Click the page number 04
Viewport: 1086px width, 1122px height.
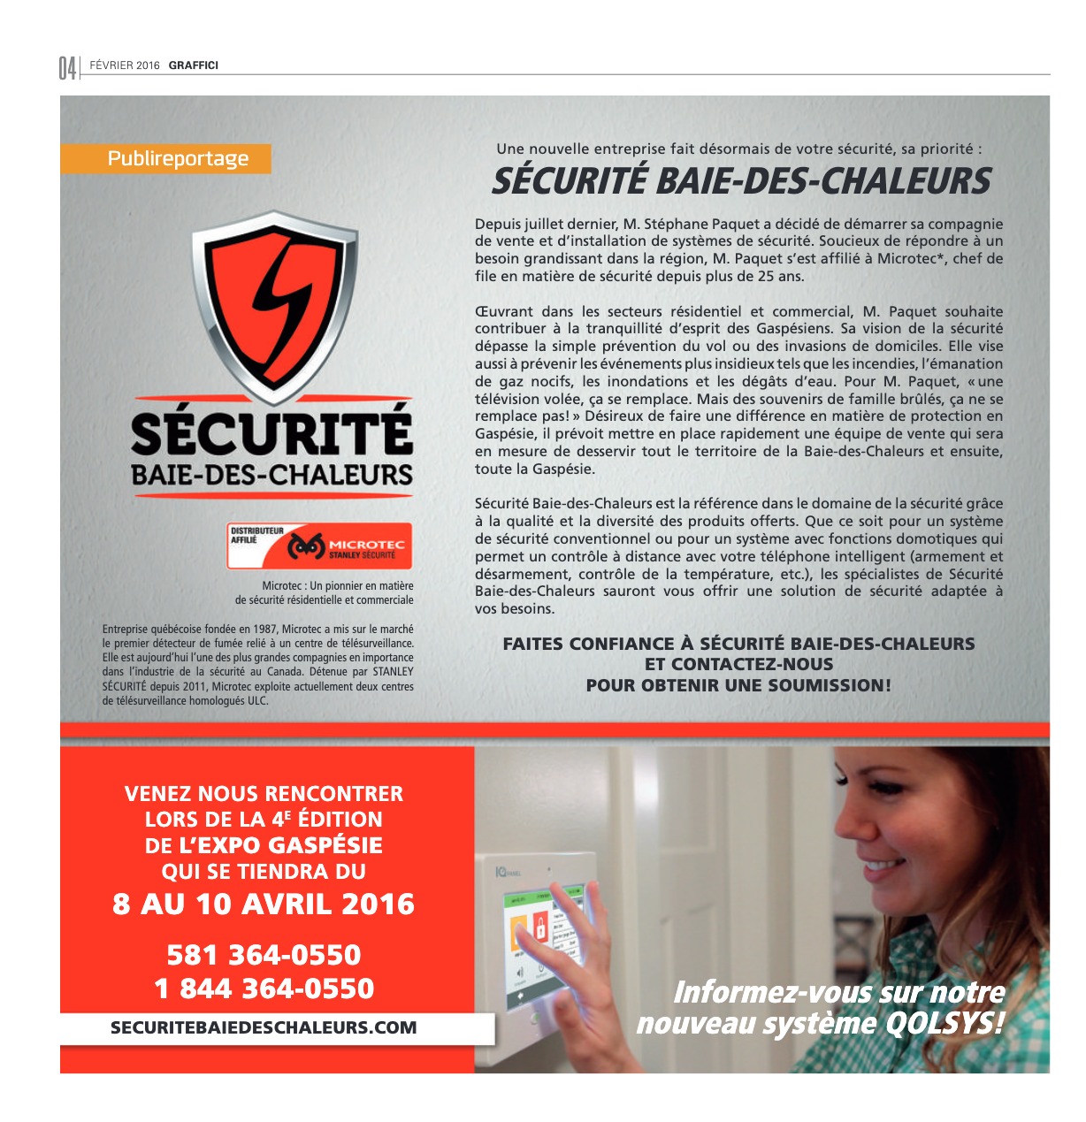tap(67, 67)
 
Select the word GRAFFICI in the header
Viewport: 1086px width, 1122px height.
tap(194, 65)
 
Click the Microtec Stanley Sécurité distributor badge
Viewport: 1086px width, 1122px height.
tap(319, 546)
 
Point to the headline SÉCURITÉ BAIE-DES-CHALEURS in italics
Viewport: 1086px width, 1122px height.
tap(741, 181)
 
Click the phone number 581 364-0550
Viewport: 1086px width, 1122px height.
tap(264, 955)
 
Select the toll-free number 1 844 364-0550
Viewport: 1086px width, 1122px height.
tap(264, 988)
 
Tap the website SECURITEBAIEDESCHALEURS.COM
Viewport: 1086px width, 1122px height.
tap(264, 1027)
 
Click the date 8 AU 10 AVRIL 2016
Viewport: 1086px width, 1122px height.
tap(264, 904)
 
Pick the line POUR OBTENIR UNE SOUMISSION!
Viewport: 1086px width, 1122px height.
tap(738, 685)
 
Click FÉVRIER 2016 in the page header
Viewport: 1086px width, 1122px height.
tap(125, 65)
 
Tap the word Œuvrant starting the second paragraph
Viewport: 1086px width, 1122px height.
tap(503, 311)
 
